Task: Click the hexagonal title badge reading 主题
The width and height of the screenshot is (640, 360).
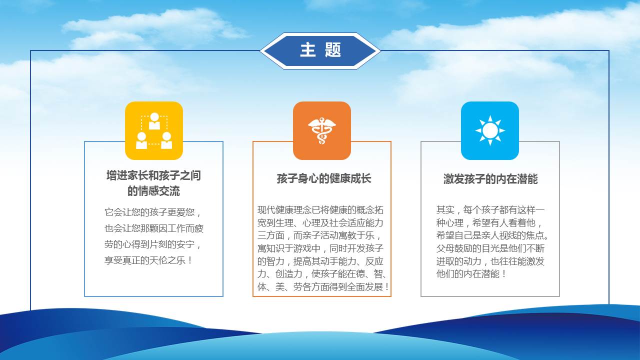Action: (x=320, y=51)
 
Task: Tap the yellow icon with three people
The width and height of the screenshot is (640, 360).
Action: (x=154, y=130)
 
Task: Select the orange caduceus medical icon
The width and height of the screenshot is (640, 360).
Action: (x=322, y=130)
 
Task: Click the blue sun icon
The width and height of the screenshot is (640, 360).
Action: (x=490, y=130)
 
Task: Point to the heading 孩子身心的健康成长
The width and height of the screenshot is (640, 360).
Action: (x=323, y=178)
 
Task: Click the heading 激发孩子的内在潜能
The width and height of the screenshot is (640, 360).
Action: (x=490, y=179)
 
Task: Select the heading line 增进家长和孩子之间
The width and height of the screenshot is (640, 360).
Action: (x=153, y=175)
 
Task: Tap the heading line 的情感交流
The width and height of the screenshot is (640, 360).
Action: (x=153, y=191)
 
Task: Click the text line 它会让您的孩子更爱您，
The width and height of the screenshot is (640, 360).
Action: (x=153, y=212)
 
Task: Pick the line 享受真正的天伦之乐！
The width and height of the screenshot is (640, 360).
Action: (x=148, y=260)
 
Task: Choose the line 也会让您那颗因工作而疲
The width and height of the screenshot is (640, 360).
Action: (x=154, y=228)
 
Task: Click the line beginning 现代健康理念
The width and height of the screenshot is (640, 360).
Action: (x=320, y=210)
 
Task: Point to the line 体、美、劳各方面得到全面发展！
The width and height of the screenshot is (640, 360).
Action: (x=323, y=287)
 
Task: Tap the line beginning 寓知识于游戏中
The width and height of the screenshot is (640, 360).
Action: (x=320, y=248)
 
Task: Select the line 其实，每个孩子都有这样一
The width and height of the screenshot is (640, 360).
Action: (x=490, y=210)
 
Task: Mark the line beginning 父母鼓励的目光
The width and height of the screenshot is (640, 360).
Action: (x=490, y=248)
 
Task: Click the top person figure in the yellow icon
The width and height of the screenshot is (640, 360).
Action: (x=154, y=121)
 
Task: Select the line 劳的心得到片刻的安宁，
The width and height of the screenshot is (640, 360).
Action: (x=153, y=244)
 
